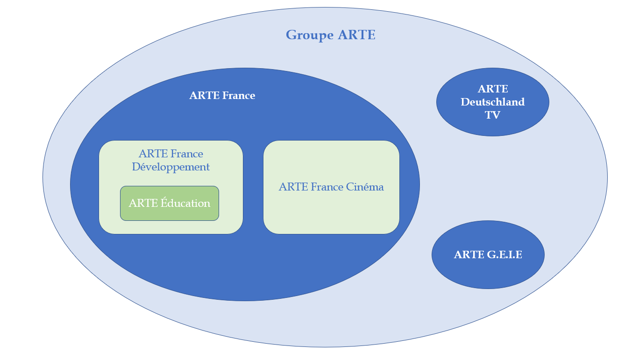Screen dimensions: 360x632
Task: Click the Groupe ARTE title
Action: pyautogui.click(x=330, y=35)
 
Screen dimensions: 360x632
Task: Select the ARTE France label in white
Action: pyautogui.click(x=222, y=96)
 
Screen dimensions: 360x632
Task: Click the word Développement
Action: pyautogui.click(x=170, y=167)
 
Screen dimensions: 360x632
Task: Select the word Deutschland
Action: pyautogui.click(x=492, y=102)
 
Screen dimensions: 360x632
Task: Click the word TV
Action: pyautogui.click(x=492, y=115)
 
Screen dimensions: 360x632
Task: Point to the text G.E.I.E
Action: pyautogui.click(x=504, y=254)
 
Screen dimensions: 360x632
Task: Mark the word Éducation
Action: pyautogui.click(x=185, y=203)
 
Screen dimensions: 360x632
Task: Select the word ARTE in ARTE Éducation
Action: pyautogui.click(x=143, y=203)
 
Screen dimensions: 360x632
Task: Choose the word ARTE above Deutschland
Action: pyautogui.click(x=492, y=89)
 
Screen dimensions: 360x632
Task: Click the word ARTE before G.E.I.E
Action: pyautogui.click(x=469, y=254)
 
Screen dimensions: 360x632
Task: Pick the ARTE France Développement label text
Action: pyautogui.click(x=170, y=160)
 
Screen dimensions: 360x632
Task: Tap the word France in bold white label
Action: pyautogui.click(x=238, y=96)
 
